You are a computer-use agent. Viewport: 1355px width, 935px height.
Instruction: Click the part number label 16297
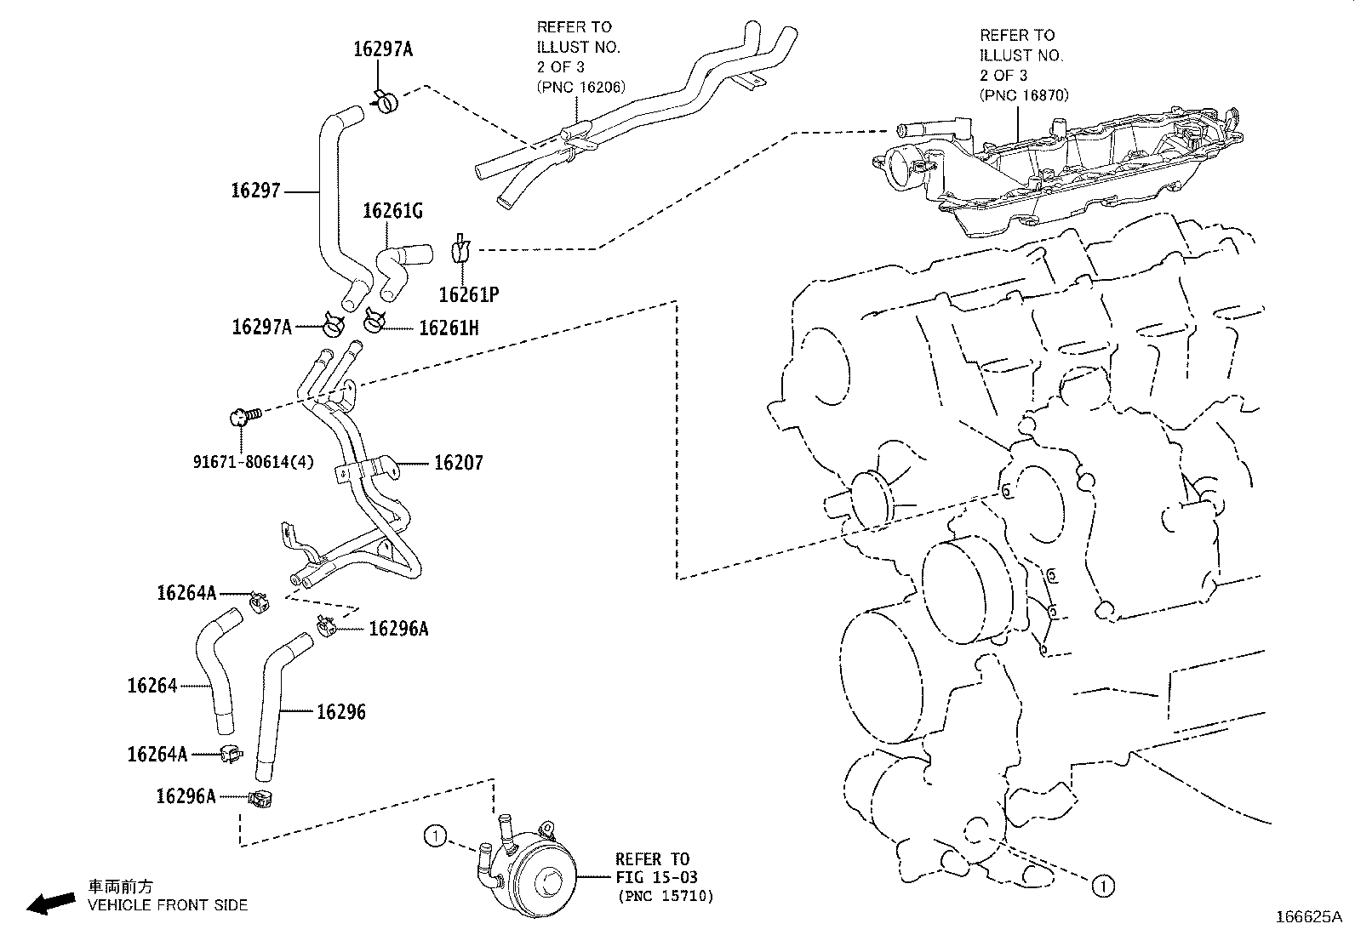tap(255, 191)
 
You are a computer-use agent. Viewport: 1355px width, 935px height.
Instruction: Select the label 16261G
tap(392, 210)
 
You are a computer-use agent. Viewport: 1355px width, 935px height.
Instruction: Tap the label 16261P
tap(468, 294)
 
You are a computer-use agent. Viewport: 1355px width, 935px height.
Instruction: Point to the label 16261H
tap(449, 328)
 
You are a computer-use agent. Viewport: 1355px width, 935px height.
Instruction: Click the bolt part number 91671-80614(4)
tap(252, 462)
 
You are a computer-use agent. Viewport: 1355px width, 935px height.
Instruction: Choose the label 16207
tap(459, 463)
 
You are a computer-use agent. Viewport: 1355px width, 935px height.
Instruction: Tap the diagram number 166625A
tap(1307, 917)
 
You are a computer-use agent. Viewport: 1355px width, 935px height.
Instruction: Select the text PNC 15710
tap(666, 896)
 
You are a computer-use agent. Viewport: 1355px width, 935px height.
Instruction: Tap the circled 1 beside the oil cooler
tap(435, 837)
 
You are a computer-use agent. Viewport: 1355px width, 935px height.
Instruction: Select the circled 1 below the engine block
tap(1103, 886)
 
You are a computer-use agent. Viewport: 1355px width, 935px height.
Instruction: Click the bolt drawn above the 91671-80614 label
tap(242, 416)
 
